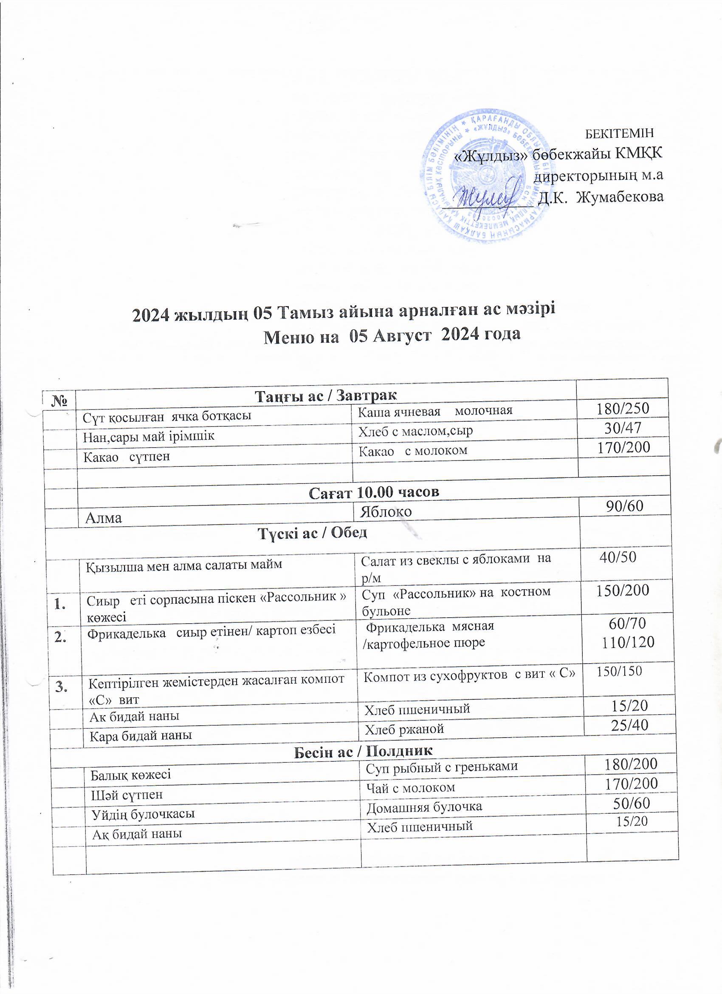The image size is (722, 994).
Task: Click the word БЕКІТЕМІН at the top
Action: (x=620, y=132)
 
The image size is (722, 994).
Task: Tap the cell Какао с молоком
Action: (x=412, y=450)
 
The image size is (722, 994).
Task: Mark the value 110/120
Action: (x=628, y=642)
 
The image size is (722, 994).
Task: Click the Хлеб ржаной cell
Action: (x=405, y=729)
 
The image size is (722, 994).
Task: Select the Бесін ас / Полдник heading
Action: (x=363, y=751)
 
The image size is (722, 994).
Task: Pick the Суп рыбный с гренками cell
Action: (x=442, y=766)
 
